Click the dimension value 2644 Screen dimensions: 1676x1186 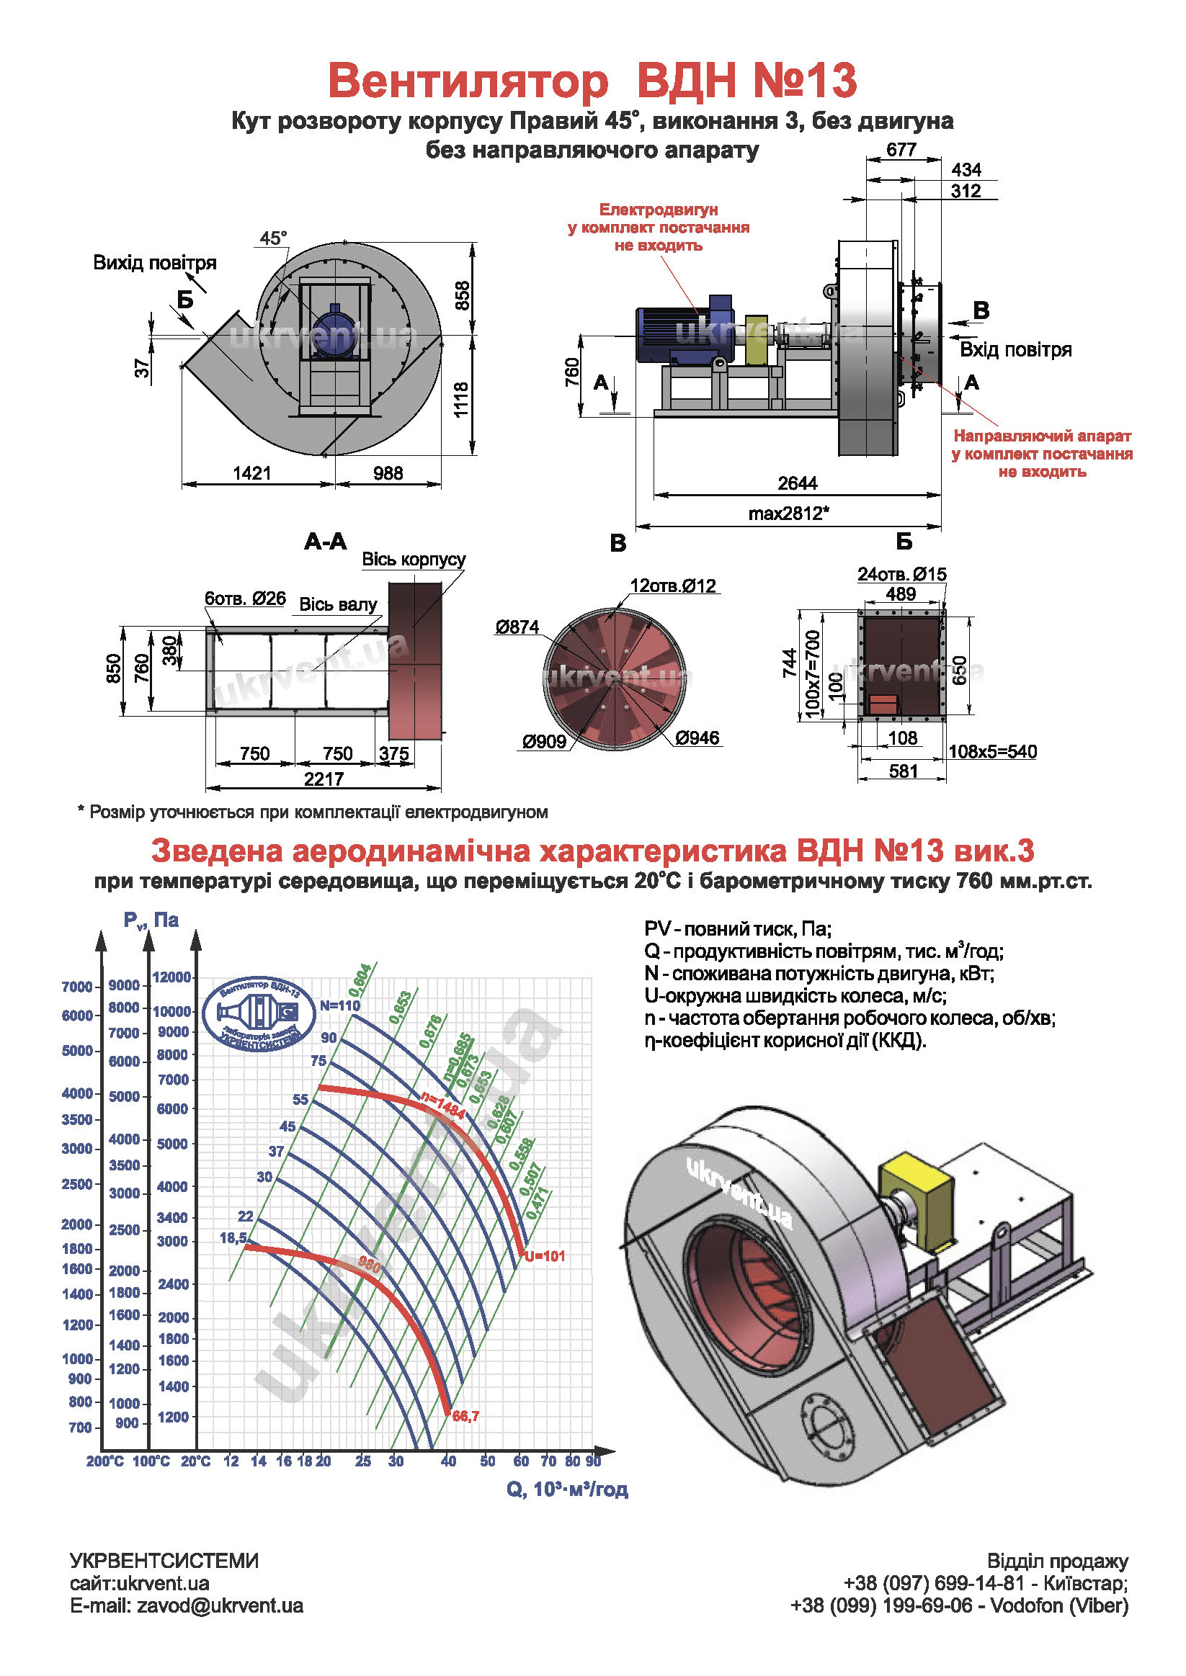tap(797, 483)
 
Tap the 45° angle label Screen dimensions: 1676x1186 tap(273, 238)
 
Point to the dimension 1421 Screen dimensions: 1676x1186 tap(252, 473)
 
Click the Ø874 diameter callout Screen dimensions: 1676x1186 tap(517, 627)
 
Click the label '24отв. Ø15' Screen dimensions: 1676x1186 tap(901, 575)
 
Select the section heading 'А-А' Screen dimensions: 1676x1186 tap(326, 542)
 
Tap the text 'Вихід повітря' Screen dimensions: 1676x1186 tap(155, 263)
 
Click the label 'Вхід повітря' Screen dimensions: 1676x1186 tap(1015, 349)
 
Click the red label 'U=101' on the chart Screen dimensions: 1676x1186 tap(545, 1256)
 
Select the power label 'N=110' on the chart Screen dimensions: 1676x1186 tap(339, 1005)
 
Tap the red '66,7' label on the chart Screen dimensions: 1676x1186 tap(465, 1416)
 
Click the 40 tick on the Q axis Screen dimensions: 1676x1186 tap(448, 1461)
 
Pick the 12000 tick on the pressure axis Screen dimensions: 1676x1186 tap(171, 977)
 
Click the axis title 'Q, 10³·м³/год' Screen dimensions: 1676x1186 tap(567, 1489)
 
